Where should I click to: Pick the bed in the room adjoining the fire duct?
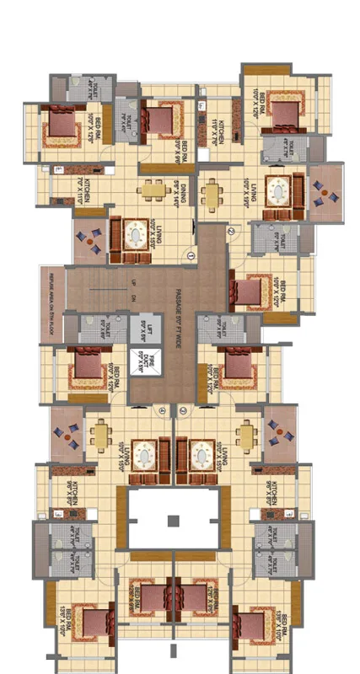[x=85, y=365]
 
